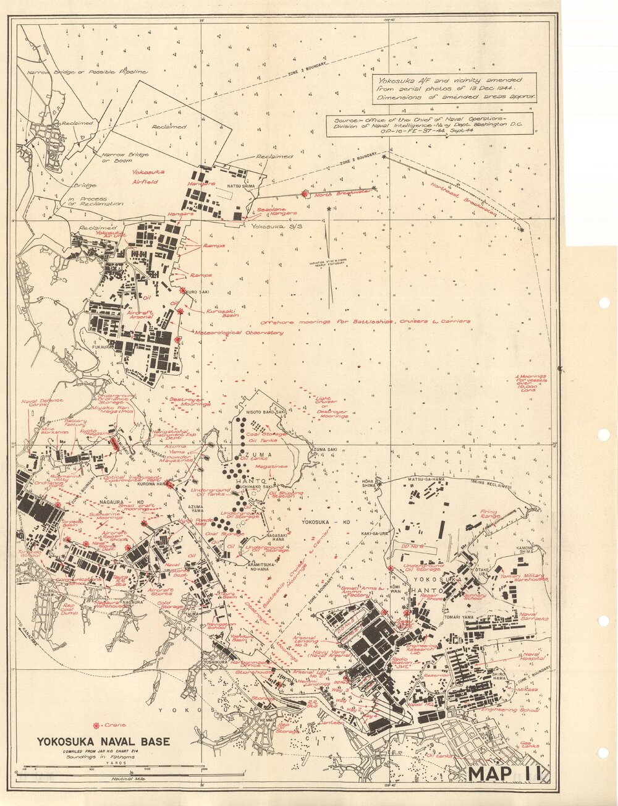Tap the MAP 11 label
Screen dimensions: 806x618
(506, 773)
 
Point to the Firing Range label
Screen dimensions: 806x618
(489, 514)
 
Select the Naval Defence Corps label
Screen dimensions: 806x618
(40, 404)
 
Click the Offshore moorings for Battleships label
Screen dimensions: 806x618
(365, 321)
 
